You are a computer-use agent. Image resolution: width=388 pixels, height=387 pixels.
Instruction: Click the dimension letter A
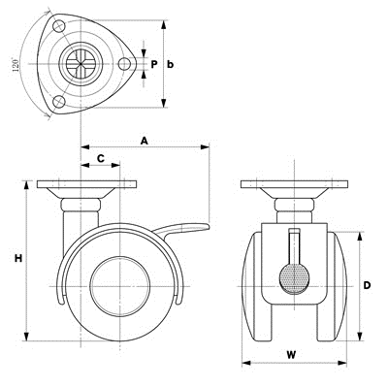(145, 141)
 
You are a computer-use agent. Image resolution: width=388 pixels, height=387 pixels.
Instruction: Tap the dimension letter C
(101, 158)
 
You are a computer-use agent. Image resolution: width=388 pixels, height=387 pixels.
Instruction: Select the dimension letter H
(18, 258)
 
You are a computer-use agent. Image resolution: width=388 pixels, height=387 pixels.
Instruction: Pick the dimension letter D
(367, 285)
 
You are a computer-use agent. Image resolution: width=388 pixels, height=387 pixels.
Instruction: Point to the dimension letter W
(291, 355)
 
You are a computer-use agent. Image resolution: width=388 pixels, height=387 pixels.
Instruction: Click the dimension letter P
(154, 64)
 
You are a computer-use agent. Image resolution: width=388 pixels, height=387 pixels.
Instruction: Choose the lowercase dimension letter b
(170, 64)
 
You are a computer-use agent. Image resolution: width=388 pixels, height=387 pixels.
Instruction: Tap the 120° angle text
(16, 65)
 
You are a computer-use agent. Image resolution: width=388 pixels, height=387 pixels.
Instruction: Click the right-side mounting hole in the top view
(124, 64)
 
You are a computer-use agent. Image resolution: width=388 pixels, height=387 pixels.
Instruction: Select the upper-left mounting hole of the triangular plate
(59, 26)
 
